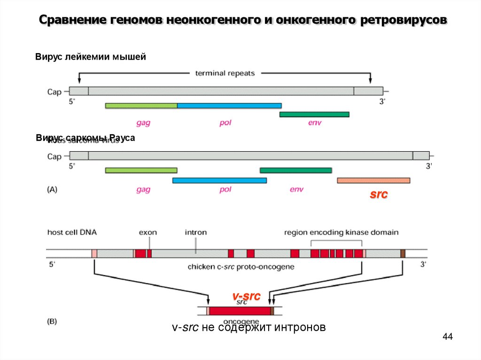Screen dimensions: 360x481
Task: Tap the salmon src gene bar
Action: [373, 180]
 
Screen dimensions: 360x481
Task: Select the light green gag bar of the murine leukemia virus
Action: [141, 106]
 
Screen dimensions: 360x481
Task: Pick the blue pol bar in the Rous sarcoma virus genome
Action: [219, 180]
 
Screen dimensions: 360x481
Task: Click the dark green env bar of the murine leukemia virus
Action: [314, 114]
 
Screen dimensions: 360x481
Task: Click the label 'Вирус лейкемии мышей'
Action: [91, 57]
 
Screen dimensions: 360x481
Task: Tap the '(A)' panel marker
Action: [52, 190]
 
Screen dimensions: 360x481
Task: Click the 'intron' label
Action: [195, 232]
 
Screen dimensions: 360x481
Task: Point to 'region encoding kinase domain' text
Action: [341, 232]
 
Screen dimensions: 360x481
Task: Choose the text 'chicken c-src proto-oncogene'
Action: [241, 267]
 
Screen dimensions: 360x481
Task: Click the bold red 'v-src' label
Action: [246, 296]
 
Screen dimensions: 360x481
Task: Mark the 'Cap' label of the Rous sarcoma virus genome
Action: [54, 157]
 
